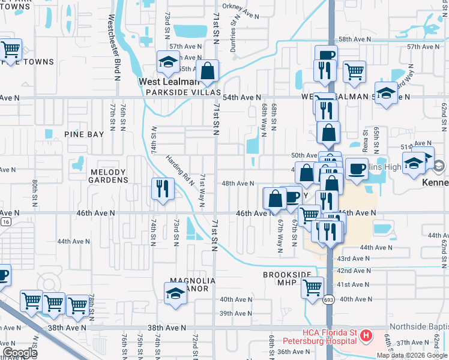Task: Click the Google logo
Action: point(20,353)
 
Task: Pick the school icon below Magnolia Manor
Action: point(175,294)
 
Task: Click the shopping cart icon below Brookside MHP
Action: point(313,288)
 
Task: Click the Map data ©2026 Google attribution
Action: point(412,355)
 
